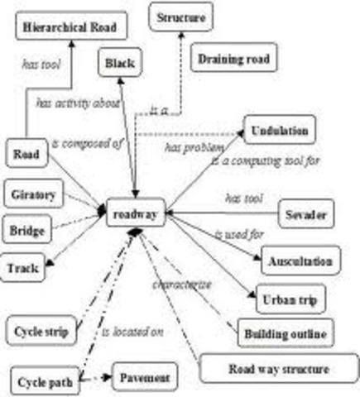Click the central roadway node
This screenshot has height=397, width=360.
click(137, 213)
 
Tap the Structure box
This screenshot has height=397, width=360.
click(180, 15)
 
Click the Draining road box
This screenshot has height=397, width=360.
click(233, 60)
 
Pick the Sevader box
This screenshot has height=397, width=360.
click(305, 214)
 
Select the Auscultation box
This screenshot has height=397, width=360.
click(300, 261)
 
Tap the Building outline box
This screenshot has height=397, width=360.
click(286, 333)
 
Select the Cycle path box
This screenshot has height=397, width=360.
click(46, 382)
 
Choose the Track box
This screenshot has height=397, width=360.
click(24, 267)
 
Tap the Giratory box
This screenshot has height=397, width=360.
click(34, 194)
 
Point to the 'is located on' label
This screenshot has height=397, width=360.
click(132, 332)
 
